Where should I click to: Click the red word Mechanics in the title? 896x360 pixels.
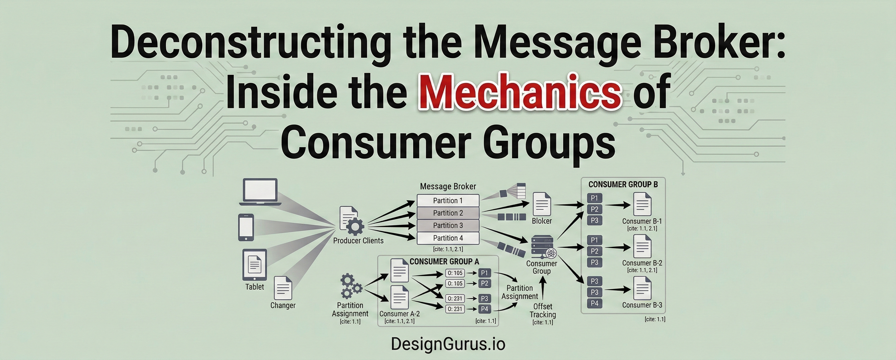(520, 91)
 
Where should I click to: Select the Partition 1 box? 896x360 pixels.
(448, 200)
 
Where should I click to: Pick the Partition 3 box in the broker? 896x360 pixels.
(448, 225)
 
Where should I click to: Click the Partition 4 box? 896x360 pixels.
(448, 238)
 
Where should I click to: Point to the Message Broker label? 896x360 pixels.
(448, 186)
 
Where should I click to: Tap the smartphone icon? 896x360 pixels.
(246, 227)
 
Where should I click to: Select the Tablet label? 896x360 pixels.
(255, 287)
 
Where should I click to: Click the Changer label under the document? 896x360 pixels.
(283, 305)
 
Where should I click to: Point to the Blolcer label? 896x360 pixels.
(542, 221)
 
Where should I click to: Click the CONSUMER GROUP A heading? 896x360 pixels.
(444, 261)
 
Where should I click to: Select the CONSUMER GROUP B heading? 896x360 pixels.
(623, 184)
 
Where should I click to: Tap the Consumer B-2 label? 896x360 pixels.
(642, 263)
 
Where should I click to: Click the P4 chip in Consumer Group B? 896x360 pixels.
(594, 303)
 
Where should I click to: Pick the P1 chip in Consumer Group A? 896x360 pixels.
(484, 273)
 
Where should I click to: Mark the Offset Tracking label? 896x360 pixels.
(543, 311)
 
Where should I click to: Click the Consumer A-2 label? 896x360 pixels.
(399, 314)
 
